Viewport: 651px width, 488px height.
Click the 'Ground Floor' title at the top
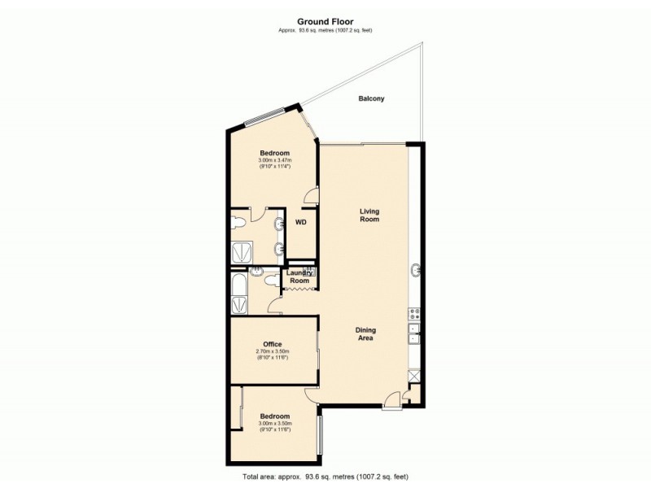tap(325, 24)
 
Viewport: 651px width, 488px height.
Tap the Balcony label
tap(371, 99)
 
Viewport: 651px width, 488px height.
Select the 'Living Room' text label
tap(370, 216)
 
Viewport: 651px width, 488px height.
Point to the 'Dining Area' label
tap(365, 333)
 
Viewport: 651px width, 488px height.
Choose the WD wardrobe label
tap(300, 221)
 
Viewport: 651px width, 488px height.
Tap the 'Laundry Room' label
tap(299, 277)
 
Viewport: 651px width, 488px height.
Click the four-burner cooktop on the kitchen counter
tap(414, 312)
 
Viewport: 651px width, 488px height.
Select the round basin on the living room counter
tap(416, 269)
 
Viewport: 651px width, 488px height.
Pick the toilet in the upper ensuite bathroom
tap(240, 221)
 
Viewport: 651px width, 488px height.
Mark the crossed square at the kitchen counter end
tap(414, 376)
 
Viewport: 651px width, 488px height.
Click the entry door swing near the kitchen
tap(392, 397)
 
